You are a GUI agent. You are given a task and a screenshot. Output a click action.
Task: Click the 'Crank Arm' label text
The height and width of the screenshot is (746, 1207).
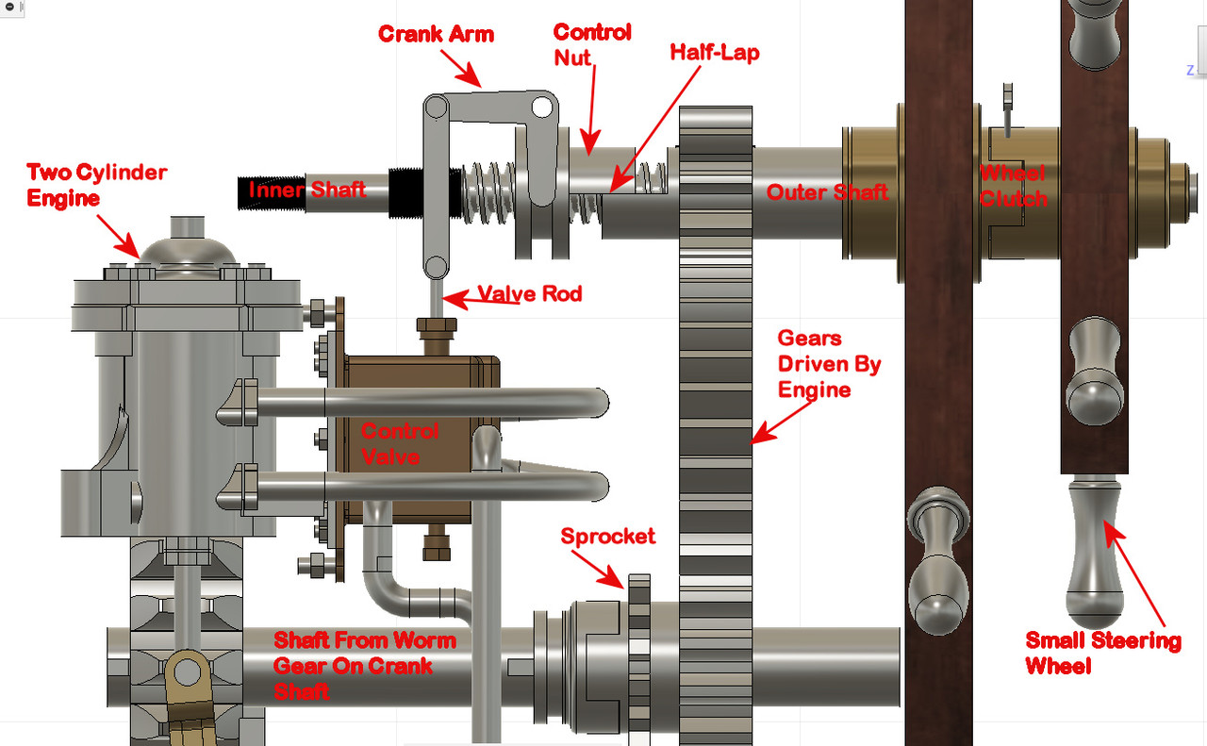coord(436,34)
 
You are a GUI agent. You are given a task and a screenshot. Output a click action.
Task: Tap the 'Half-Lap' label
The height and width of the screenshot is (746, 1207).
coord(715,52)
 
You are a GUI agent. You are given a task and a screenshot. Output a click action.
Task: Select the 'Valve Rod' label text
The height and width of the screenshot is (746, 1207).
coord(530,293)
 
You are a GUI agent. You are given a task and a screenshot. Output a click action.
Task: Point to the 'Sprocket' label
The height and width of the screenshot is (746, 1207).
coord(608,537)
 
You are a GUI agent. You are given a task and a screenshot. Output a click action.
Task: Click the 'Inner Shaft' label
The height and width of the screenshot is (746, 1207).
coord(307,190)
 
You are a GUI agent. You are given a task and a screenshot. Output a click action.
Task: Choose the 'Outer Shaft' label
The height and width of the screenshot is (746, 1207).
coord(827,192)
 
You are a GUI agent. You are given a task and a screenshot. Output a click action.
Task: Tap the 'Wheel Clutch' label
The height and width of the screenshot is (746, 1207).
coord(1014,186)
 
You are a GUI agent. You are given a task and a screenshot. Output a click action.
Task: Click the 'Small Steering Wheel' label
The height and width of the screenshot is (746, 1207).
coord(1103,654)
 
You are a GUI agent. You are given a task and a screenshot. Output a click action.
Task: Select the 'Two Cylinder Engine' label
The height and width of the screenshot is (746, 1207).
coord(97,185)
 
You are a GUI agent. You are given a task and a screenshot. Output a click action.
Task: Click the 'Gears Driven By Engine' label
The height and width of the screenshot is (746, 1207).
coord(829,364)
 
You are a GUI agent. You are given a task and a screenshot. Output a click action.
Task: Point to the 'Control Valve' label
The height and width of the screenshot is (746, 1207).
coord(399,443)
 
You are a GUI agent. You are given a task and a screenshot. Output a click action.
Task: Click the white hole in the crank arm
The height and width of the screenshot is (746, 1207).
coord(542,108)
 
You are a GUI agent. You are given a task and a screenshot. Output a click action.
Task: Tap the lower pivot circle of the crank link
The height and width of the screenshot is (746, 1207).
coord(436,267)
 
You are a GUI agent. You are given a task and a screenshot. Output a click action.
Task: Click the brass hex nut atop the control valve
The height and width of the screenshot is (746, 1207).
coord(437,325)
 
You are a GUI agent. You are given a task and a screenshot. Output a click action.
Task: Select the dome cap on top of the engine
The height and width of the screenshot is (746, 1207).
coord(187,250)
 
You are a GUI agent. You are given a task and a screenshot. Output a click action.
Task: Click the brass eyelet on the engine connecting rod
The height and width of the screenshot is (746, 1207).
coord(187,672)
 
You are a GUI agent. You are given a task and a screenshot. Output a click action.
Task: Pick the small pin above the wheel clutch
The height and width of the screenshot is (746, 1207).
coord(1008,110)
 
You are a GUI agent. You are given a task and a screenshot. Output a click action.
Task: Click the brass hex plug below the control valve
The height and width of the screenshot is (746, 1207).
coord(437,547)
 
